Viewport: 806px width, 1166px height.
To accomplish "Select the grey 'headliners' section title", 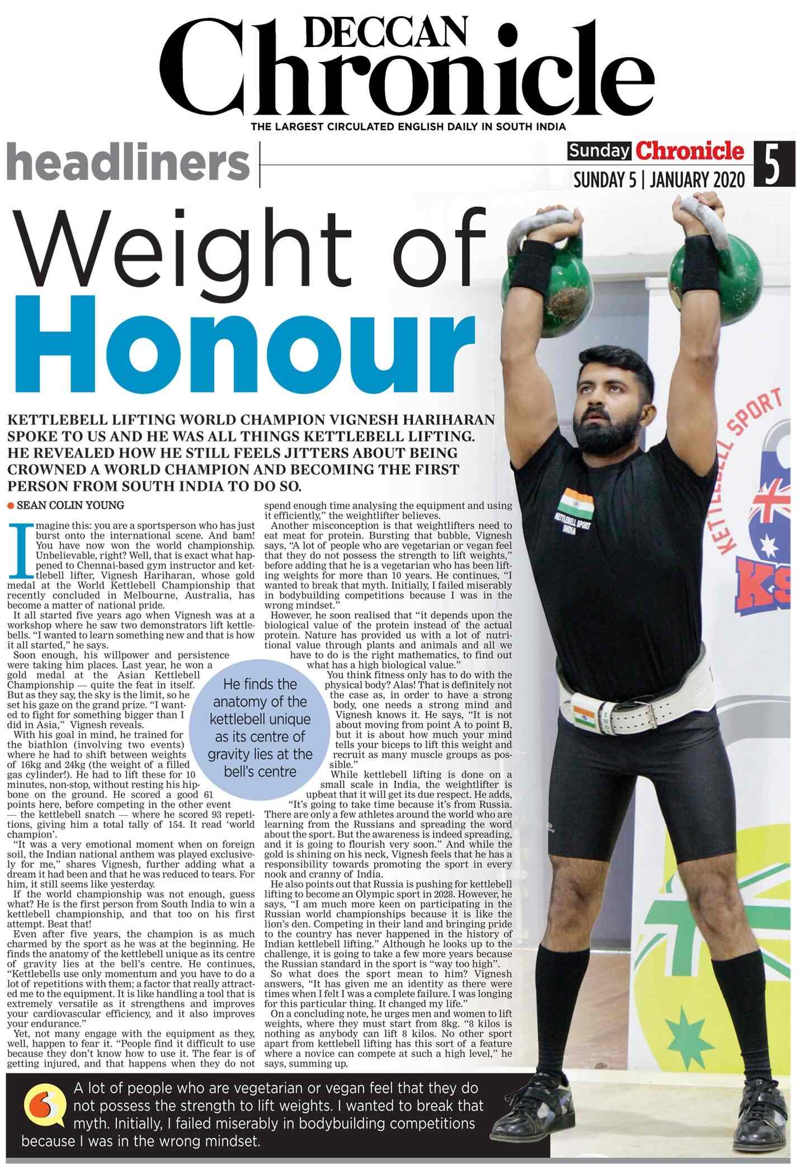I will tap(128, 163).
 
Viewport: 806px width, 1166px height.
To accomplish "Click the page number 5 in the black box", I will tap(773, 164).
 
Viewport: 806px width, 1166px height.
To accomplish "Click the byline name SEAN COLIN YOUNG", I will tap(70, 505).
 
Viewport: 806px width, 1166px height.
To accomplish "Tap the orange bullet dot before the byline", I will tap(11, 506).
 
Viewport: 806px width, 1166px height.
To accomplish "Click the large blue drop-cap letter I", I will tap(21, 550).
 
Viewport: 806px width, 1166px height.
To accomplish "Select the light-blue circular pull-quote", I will tap(260, 727).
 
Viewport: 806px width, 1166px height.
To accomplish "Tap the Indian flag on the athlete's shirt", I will tap(576, 503).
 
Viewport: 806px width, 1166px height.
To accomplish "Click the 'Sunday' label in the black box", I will tap(598, 152).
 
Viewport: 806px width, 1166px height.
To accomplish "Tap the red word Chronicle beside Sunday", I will tap(690, 151).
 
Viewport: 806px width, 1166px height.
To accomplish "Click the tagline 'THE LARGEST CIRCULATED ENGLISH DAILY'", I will tap(408, 127).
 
